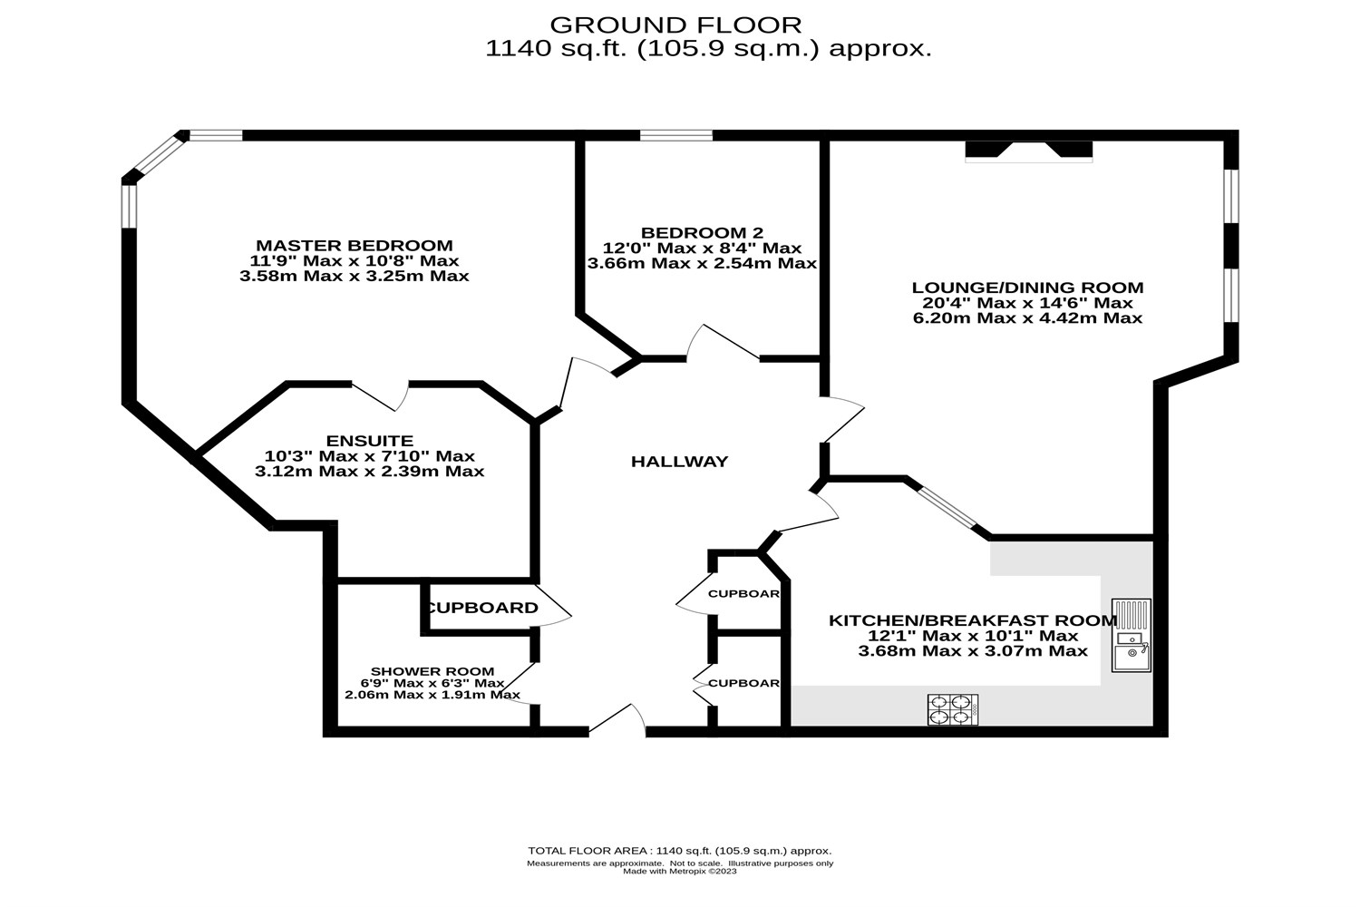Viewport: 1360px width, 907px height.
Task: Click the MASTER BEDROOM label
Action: (x=354, y=246)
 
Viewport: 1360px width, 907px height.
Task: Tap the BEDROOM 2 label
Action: (x=702, y=233)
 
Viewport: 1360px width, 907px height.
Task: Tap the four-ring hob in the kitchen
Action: (x=953, y=709)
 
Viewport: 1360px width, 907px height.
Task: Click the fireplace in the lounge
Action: (x=1029, y=151)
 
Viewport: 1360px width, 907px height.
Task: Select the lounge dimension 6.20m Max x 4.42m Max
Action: (x=1027, y=318)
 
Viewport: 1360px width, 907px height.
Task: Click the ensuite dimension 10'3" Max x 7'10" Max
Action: (x=369, y=456)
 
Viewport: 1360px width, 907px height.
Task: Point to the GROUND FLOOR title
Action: (x=675, y=24)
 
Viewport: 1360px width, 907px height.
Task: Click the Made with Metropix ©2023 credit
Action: (x=680, y=872)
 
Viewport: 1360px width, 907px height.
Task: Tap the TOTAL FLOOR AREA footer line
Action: (x=680, y=851)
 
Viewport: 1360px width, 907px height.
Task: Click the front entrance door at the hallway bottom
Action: (x=617, y=719)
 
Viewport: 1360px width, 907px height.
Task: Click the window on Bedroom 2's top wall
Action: (x=675, y=136)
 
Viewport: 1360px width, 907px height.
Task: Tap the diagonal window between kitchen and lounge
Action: (x=947, y=509)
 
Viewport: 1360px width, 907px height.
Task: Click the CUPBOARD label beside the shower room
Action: (x=481, y=608)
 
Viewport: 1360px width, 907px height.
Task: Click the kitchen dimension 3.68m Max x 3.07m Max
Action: (x=973, y=650)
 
